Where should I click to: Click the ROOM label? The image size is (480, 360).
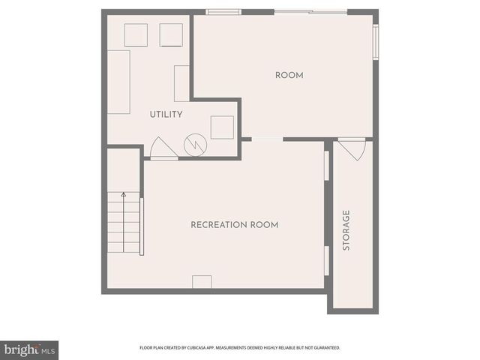pos(289,75)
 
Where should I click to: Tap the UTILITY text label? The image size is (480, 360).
pos(166,114)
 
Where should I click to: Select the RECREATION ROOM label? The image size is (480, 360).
pos(234,225)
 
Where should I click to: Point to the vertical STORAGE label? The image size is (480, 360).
pos(346,230)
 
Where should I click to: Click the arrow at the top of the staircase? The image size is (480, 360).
pos(124,195)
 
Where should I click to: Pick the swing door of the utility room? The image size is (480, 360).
pos(163,148)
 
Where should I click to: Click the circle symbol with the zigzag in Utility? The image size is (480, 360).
pos(195,144)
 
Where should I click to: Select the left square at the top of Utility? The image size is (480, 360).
pos(136,35)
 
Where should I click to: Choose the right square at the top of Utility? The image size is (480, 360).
pos(171,35)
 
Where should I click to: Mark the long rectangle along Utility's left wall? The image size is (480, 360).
pos(118,82)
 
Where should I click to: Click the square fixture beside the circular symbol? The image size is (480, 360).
pos(222,127)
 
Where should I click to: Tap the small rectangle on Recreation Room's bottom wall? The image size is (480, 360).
pos(202,282)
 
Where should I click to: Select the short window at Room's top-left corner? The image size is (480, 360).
pos(223,11)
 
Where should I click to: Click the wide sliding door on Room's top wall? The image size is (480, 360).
pos(310,11)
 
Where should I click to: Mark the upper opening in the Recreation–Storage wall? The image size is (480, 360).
pos(326,166)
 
